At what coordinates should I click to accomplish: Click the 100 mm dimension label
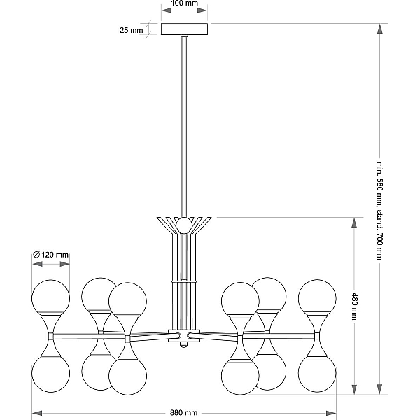184,3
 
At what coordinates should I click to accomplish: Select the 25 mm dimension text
132,30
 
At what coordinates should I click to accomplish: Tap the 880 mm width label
183,413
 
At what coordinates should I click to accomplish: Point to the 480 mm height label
354,307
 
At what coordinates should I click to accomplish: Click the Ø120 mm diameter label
50,255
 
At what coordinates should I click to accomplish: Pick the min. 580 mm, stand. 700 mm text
379,211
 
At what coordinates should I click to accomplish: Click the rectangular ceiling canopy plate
184,29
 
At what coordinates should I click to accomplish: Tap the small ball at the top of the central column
184,225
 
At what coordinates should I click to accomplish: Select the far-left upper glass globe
50,298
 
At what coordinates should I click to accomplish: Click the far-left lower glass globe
50,374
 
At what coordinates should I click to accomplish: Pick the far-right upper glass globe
317,298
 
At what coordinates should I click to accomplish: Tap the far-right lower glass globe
317,374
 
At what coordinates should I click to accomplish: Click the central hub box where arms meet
184,335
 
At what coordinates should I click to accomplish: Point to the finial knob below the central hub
183,344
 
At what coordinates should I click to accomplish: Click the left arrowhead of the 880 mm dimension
37,413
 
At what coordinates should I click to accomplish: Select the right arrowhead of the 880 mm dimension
331,413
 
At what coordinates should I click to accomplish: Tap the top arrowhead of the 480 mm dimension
354,223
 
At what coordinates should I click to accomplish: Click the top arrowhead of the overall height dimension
379,29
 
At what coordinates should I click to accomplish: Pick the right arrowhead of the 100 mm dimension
202,10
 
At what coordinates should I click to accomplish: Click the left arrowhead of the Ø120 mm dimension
37,264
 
